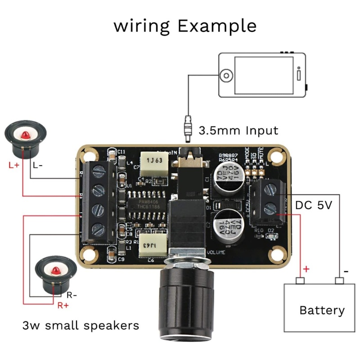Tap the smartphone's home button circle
[x=227, y=75]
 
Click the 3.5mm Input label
[x=238, y=131]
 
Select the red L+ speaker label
[x=13, y=165]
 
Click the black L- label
[x=38, y=165]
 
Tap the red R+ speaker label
[x=63, y=306]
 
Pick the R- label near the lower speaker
[x=72, y=296]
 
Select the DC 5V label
[x=313, y=206]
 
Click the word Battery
[x=322, y=310]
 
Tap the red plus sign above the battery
[x=306, y=269]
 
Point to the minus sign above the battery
[x=346, y=271]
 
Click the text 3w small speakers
[x=81, y=325]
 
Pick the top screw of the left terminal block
[x=99, y=171]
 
